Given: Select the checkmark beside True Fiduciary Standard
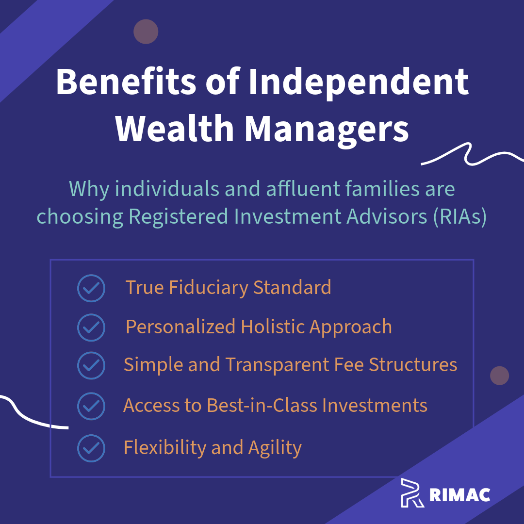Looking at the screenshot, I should [x=91, y=288].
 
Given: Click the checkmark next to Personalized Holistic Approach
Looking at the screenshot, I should [x=91, y=327].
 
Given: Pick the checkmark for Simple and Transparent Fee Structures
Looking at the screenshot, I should [x=91, y=365].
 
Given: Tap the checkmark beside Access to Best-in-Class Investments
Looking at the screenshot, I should [x=91, y=406].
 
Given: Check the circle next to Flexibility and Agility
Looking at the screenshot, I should [x=91, y=448].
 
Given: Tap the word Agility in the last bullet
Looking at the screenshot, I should [x=275, y=448].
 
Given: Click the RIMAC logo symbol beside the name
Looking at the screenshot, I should [x=412, y=492].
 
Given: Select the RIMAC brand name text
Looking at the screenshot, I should [x=460, y=494].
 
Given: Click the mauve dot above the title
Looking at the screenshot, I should [x=146, y=32].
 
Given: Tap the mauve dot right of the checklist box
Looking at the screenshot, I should [x=499, y=376].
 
